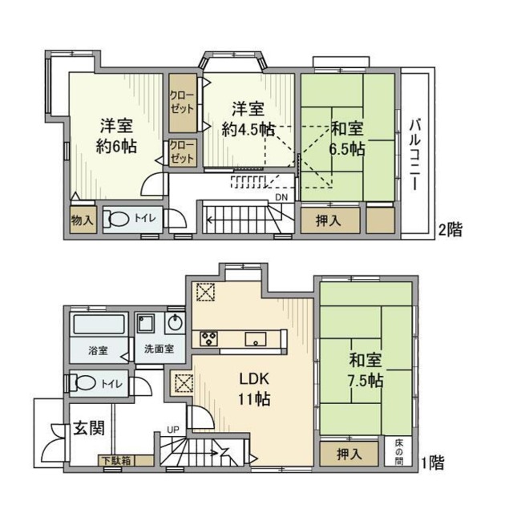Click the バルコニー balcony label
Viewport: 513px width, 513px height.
[x=414, y=153]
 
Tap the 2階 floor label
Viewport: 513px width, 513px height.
[x=450, y=230]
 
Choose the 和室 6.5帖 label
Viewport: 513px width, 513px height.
[x=346, y=139]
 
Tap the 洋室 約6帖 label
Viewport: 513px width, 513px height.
[x=116, y=136]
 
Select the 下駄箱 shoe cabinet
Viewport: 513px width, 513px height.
[x=117, y=460]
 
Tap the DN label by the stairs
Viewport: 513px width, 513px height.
[x=281, y=196]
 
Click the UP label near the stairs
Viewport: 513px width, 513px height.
[x=173, y=430]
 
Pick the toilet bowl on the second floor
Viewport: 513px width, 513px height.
[x=121, y=219]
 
